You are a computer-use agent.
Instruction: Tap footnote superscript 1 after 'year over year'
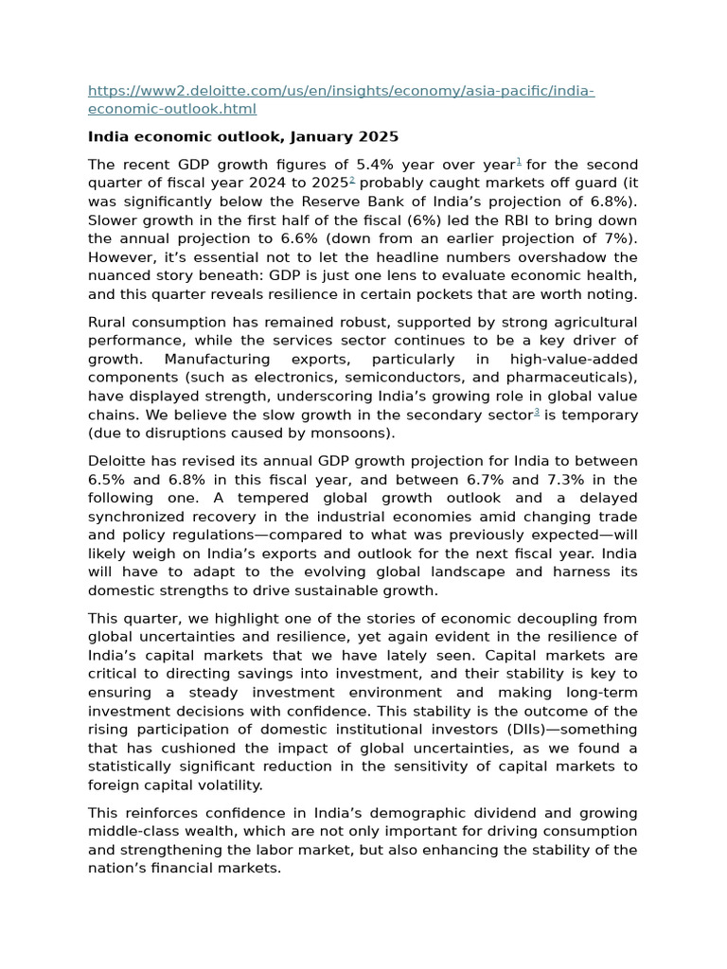(519, 162)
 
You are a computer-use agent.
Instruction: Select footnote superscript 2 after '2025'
(352, 180)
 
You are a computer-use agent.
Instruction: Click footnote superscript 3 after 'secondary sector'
(537, 412)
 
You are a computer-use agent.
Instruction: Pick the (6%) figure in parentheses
(398, 220)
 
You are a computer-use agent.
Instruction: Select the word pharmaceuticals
(571, 378)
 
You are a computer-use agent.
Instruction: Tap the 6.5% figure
(107, 480)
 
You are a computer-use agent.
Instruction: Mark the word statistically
(133, 766)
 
